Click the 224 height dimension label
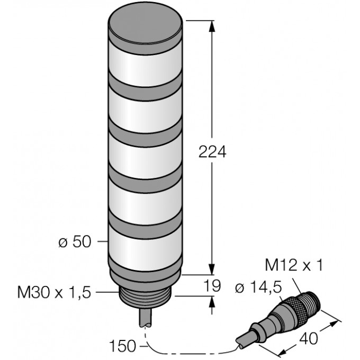click(x=212, y=152)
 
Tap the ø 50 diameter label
click(x=75, y=242)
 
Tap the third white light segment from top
click(x=146, y=154)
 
